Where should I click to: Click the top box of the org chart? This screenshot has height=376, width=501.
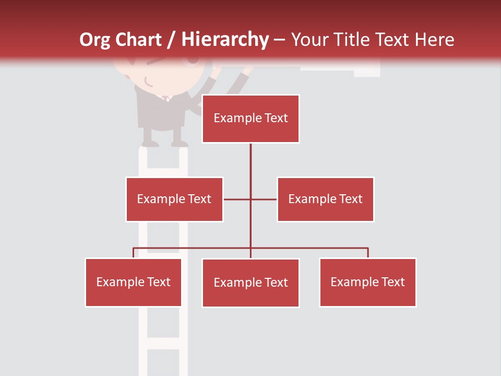(x=250, y=119)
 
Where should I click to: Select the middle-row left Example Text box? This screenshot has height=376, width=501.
(x=174, y=199)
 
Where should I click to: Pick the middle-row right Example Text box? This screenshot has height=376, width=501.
(x=325, y=199)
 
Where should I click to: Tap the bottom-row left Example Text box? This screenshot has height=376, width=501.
(x=133, y=282)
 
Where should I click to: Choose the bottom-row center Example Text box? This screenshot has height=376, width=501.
(x=250, y=283)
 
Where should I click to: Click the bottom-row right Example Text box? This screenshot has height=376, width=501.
(x=367, y=282)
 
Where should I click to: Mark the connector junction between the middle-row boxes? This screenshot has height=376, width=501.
(x=250, y=199)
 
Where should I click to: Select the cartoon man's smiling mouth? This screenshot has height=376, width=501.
(x=148, y=82)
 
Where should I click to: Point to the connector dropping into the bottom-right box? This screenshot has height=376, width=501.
(x=368, y=253)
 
